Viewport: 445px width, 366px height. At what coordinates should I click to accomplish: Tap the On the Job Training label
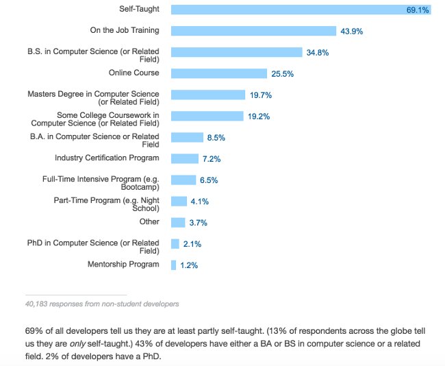[125, 31]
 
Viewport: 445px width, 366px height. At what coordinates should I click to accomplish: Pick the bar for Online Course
[218, 73]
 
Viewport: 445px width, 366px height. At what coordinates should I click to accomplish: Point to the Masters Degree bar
[207, 95]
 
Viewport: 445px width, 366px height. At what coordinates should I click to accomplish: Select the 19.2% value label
[259, 117]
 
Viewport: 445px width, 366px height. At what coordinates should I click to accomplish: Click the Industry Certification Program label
[107, 158]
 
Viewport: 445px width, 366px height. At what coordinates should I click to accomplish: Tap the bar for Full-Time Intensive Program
[183, 180]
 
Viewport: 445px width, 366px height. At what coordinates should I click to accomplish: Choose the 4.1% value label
[199, 202]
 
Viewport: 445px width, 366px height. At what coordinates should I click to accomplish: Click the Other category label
[149, 221]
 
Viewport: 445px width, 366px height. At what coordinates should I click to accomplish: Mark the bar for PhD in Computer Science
[175, 244]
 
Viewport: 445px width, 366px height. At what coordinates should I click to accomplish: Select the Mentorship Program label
[123, 265]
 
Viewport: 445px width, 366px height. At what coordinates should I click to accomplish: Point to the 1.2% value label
[189, 265]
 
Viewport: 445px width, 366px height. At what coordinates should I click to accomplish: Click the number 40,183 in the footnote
[38, 303]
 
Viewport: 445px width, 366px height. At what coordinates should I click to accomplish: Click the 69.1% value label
[418, 10]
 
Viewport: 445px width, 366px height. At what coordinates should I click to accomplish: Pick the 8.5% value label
[216, 138]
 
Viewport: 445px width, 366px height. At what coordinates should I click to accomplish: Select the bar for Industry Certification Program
[184, 158]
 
